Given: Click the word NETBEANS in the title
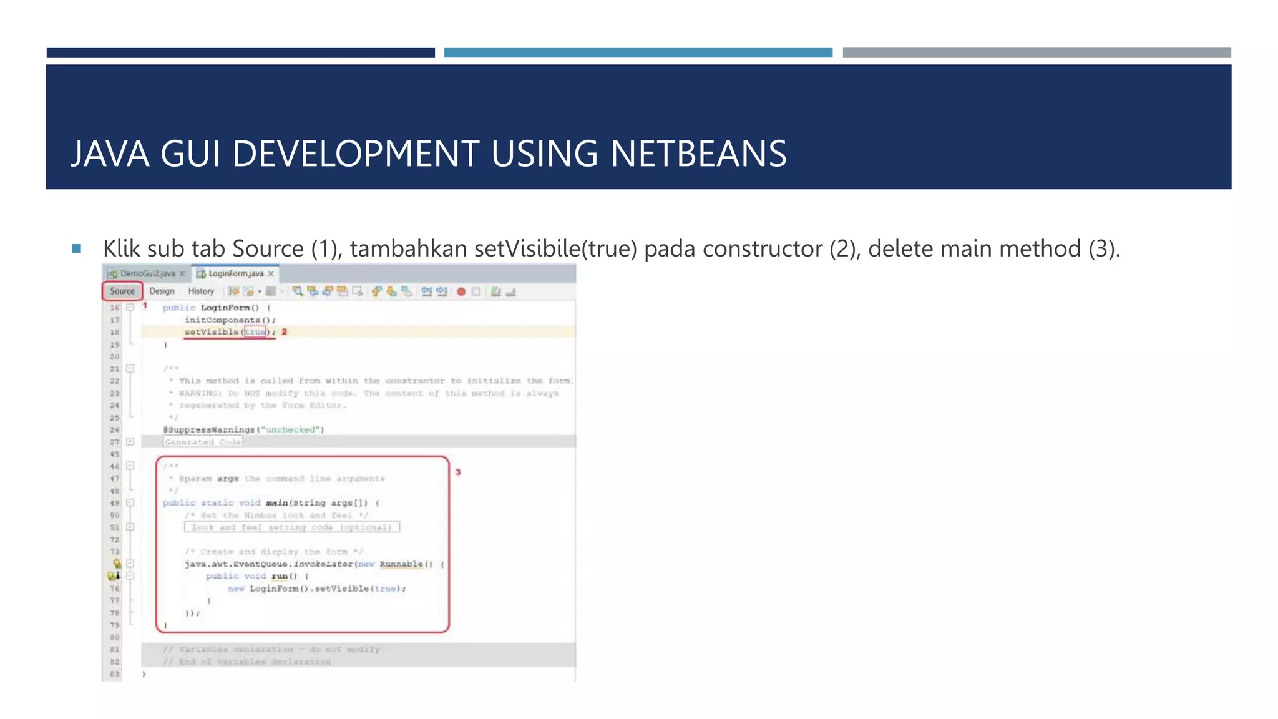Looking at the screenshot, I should click(x=698, y=154).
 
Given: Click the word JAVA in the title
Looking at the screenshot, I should click(x=110, y=154).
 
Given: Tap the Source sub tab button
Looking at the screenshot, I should click(x=122, y=291).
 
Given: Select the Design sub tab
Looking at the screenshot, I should click(x=162, y=291).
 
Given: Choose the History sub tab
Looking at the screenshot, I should click(x=201, y=291).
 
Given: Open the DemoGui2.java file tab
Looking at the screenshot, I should click(x=147, y=274).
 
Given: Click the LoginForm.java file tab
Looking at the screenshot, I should click(x=235, y=274).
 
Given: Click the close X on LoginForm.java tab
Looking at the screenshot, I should click(x=271, y=274).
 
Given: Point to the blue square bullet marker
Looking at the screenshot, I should click(x=77, y=248).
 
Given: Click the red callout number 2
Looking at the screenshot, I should click(x=284, y=331).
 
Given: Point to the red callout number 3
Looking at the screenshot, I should click(x=458, y=472).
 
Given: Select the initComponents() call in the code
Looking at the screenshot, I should click(x=229, y=320).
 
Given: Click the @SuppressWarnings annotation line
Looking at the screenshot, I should click(x=243, y=430).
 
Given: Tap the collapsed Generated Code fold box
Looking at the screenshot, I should click(x=203, y=442).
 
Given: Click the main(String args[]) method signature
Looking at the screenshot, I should click(x=317, y=503).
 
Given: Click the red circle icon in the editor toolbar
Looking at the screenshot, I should click(x=461, y=291).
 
